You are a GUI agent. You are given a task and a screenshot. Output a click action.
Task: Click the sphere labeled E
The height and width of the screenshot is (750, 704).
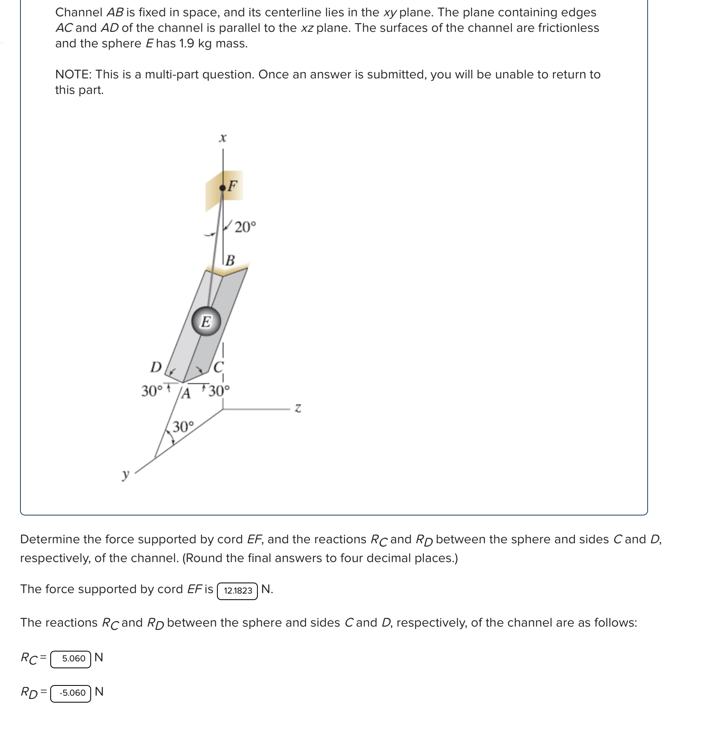[206, 322]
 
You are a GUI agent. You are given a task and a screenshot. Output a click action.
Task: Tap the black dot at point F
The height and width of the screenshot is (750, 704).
[222, 188]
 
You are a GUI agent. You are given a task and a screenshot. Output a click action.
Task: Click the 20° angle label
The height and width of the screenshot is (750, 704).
[245, 227]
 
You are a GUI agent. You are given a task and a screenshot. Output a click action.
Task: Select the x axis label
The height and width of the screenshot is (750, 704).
[222, 138]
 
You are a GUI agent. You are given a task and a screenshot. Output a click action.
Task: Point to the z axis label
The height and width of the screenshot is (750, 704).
[298, 408]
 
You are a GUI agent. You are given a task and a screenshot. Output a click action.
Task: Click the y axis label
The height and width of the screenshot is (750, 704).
[125, 475]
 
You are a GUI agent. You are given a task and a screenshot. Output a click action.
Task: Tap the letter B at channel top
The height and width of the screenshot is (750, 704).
[230, 260]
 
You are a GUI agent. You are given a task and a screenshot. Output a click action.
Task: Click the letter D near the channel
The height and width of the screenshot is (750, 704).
[156, 367]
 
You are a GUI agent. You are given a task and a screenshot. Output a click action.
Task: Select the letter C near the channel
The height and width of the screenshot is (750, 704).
[218, 366]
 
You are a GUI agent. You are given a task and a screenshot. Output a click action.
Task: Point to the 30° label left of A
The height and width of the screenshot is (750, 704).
[152, 391]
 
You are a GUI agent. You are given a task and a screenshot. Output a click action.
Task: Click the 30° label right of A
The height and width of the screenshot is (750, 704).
[219, 391]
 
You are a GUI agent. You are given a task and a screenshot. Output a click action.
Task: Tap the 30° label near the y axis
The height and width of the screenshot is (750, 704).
[183, 427]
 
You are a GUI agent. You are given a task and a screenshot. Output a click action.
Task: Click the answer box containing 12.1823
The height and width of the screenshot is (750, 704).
[237, 591]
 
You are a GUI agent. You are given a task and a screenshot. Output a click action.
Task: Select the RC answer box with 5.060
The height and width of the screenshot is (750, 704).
[71, 658]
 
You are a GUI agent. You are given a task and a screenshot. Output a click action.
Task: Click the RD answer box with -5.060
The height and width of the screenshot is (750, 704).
[71, 693]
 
